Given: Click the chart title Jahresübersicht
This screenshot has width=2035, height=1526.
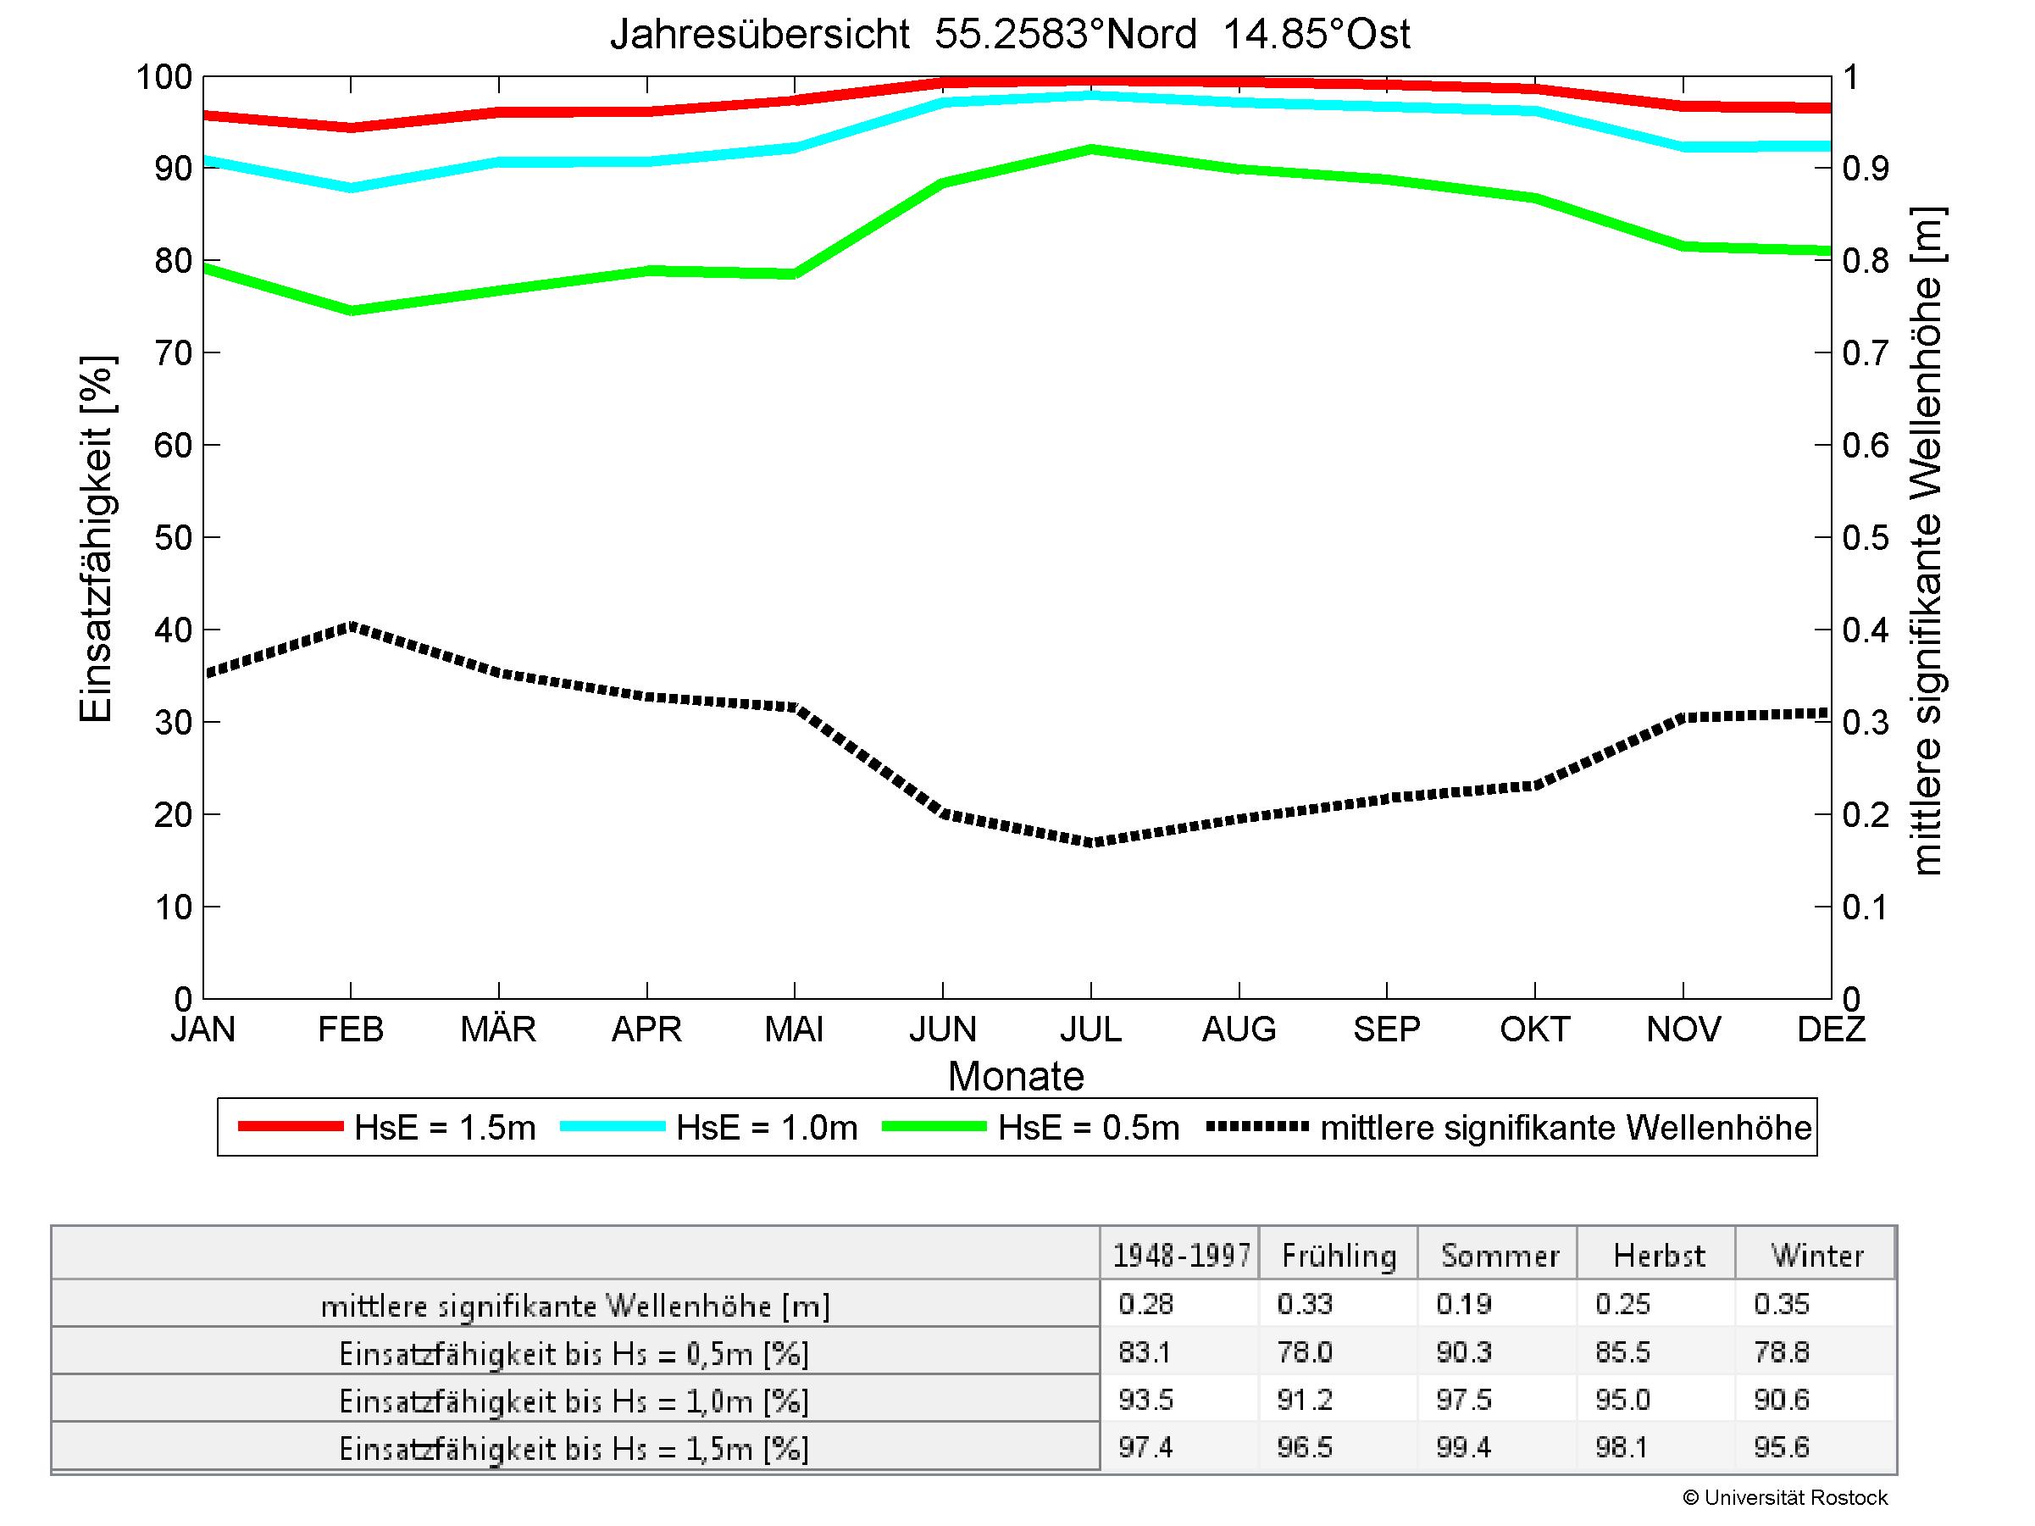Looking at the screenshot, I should tap(1009, 35).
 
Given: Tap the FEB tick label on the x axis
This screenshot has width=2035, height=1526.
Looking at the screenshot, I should tap(351, 1029).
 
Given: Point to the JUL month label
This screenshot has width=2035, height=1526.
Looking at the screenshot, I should tap(1091, 1029).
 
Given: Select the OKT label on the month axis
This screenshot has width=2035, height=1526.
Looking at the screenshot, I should tap(1534, 1029).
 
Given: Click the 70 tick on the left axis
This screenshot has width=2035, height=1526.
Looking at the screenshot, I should tap(172, 353).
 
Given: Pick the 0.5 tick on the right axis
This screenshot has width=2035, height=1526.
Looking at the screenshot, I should tap(1866, 538).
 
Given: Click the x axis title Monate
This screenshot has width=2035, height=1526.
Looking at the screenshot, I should tap(1016, 1076).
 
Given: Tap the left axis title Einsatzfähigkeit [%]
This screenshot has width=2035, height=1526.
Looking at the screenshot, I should tap(96, 538).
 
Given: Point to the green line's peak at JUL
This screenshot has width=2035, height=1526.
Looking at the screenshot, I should tap(1091, 149).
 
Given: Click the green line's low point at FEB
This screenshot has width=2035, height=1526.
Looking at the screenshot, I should tap(351, 310).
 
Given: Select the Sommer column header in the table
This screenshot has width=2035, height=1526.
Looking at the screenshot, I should tap(1500, 1256).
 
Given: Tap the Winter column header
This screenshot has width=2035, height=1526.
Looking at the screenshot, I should tap(1817, 1256).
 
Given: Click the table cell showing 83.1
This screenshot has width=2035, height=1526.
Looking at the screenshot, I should tap(1145, 1352).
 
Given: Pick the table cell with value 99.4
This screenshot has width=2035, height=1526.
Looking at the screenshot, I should tap(1463, 1448).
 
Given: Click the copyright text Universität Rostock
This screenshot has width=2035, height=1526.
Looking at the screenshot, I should tap(1785, 1497).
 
